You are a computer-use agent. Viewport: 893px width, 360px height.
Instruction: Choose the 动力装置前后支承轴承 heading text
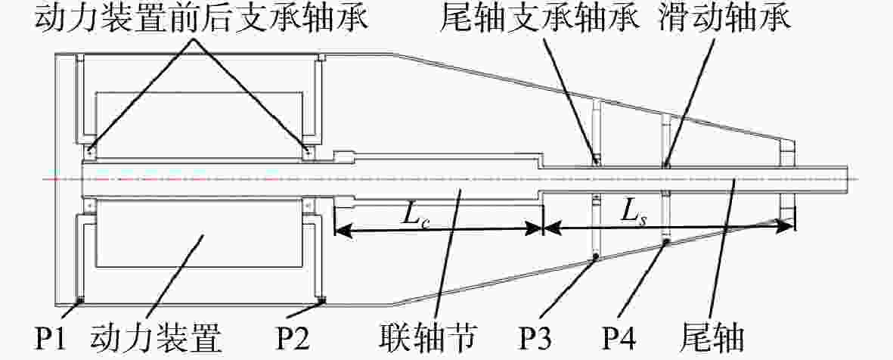tap(202, 19)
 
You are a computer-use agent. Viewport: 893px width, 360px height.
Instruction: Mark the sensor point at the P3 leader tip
tap(596, 257)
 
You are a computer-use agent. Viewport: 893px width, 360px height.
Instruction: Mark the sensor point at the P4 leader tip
tap(666, 242)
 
